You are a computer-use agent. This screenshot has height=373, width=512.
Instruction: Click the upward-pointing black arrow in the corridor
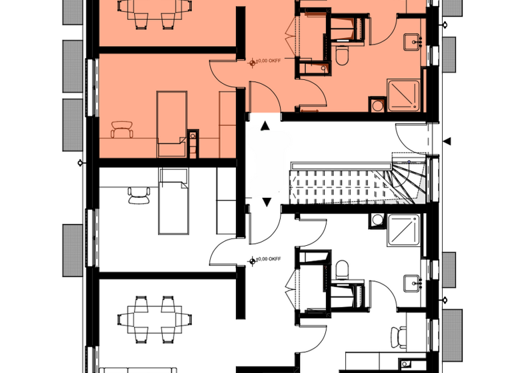tap(265, 125)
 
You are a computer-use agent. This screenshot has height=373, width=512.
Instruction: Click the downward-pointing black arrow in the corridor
tap(267, 201)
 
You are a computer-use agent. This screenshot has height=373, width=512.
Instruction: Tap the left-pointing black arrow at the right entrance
tap(447, 140)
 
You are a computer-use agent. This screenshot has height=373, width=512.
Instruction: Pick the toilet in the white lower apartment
tap(342, 270)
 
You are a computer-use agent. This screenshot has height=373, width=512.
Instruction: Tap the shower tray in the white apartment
tap(403, 231)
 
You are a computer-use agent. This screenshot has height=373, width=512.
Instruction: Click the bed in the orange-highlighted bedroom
tap(172, 124)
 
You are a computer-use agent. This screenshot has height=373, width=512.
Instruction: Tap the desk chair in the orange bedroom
tap(122, 129)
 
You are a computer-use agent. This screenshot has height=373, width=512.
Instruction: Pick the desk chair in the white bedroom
tap(139, 194)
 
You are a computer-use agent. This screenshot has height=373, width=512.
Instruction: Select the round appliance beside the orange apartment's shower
tap(377, 105)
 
